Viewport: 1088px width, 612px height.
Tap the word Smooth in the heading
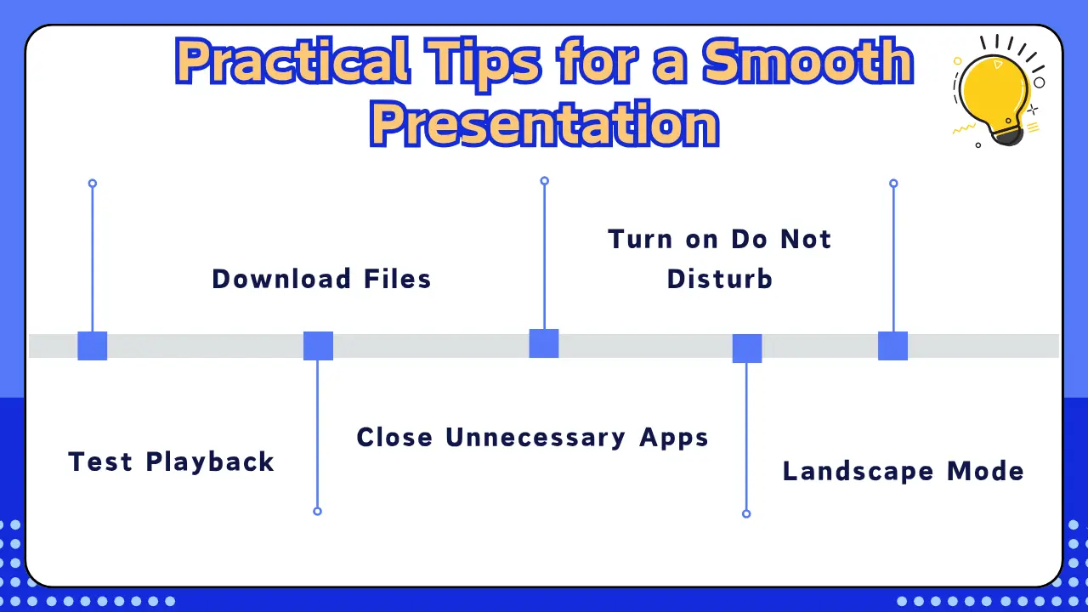[x=807, y=64]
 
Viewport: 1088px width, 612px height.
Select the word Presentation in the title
[x=544, y=125]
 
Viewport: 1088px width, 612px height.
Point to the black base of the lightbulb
[x=1008, y=133]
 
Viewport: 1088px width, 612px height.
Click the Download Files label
[x=321, y=279]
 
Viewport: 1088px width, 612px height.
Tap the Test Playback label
[x=171, y=462]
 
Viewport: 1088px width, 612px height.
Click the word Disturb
[x=719, y=279]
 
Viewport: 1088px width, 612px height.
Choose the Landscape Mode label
[x=903, y=471]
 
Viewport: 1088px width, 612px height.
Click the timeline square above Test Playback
[x=92, y=346]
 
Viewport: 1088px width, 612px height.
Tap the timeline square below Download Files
[x=318, y=346]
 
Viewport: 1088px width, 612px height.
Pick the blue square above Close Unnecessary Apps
[x=544, y=343]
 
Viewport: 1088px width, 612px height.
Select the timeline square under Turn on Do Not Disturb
[x=747, y=348]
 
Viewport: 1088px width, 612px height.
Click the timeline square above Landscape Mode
[x=892, y=346]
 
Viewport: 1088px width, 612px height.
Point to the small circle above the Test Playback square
[x=93, y=184]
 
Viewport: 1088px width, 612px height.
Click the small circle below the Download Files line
[x=317, y=511]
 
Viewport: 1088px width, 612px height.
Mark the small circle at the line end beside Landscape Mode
[x=746, y=513]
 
